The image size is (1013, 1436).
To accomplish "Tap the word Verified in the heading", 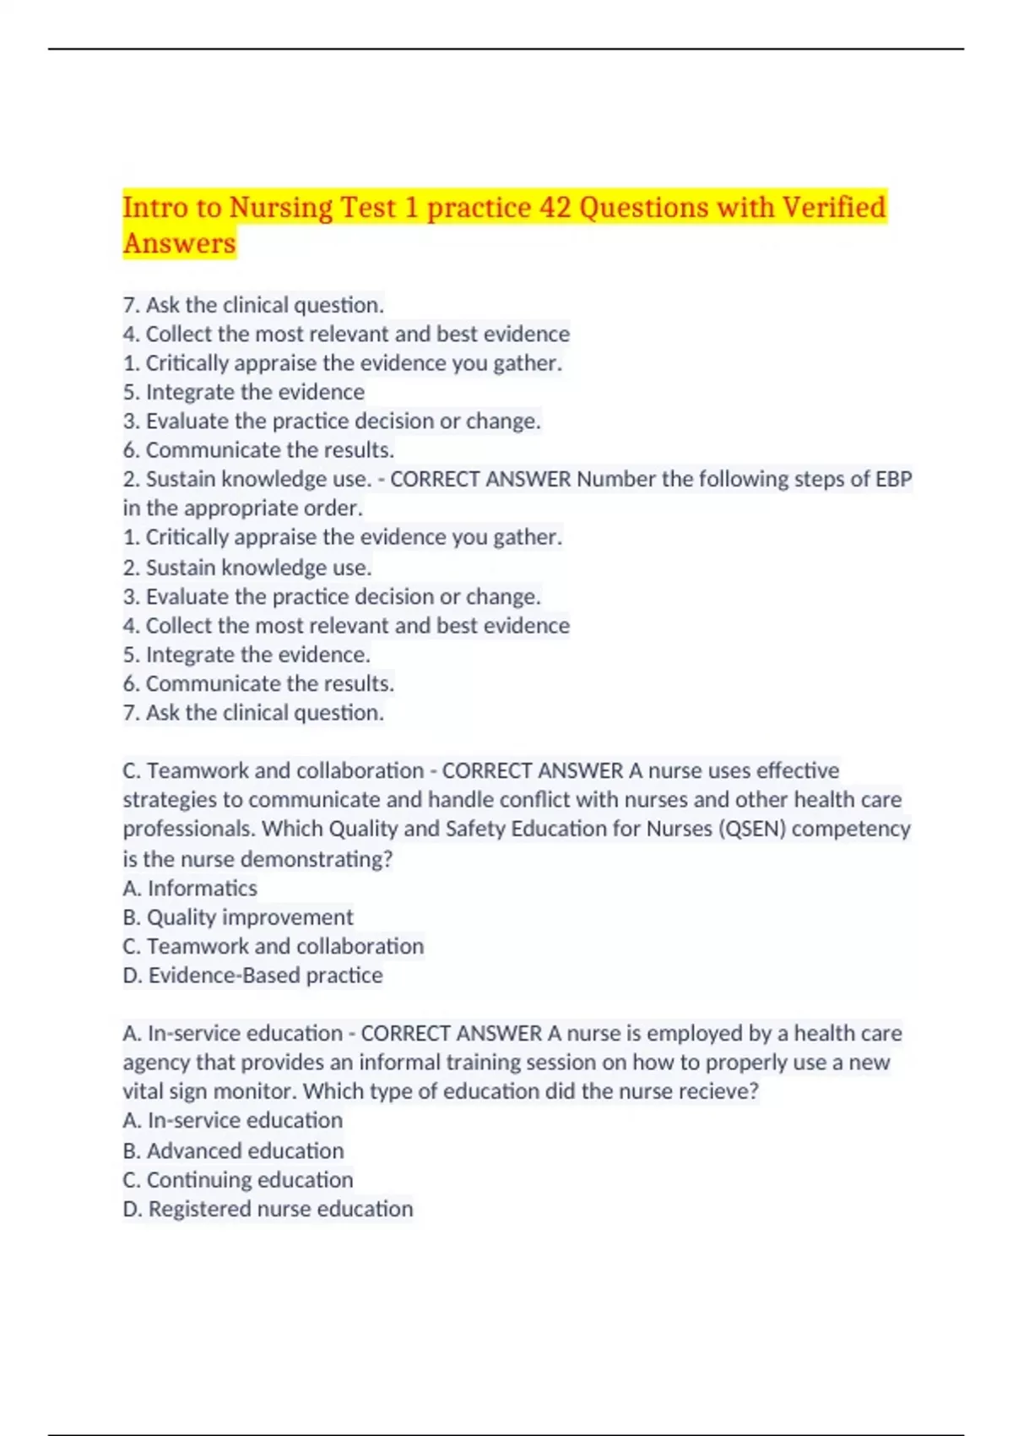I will click(x=833, y=207).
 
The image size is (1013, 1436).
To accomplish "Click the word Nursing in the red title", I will click(x=281, y=207).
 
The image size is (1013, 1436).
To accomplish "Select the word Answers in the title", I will click(x=179, y=243).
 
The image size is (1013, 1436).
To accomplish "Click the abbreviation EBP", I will click(x=893, y=479).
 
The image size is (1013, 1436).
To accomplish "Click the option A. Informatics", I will click(x=190, y=888).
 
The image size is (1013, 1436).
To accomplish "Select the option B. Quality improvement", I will click(x=238, y=917).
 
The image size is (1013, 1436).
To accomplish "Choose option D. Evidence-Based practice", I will click(x=252, y=976).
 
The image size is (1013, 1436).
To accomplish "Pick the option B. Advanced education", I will click(x=233, y=1150).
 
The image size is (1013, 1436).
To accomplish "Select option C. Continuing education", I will click(x=238, y=1180).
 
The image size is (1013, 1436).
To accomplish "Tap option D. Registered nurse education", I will click(x=268, y=1209).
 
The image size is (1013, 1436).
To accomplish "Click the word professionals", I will click(x=188, y=829).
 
